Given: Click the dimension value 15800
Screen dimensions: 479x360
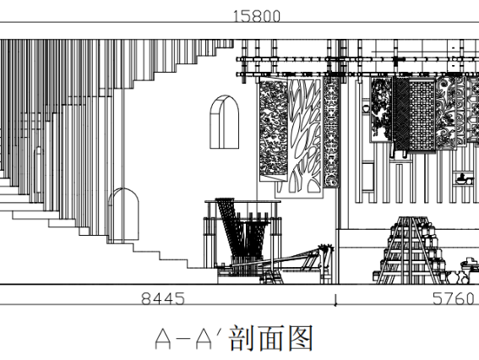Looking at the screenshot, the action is (x=256, y=16).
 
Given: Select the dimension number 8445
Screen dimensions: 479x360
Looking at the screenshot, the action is (x=163, y=298).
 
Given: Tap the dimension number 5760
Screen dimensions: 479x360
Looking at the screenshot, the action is (x=454, y=298).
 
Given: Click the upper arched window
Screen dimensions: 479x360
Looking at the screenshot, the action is (x=224, y=122).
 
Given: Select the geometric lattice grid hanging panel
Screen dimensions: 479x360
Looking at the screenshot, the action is (x=422, y=116).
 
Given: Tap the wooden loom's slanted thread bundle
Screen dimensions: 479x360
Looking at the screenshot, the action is (x=230, y=227).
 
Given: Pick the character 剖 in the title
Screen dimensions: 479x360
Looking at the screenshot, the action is (x=242, y=338).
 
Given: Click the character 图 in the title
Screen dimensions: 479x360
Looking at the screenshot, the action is (x=301, y=338).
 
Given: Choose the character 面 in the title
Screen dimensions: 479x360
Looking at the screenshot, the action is (x=270, y=338).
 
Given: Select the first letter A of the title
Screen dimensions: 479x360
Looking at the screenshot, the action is (x=163, y=339).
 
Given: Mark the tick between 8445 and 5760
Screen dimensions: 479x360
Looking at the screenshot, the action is (x=335, y=301).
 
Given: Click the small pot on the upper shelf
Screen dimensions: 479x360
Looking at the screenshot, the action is (x=365, y=108).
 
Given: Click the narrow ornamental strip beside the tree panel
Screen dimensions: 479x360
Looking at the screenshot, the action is (x=331, y=132).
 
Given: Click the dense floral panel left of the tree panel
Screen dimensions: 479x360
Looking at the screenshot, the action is (x=274, y=129).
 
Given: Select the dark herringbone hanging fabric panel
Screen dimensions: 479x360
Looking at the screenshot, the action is (x=401, y=115).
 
